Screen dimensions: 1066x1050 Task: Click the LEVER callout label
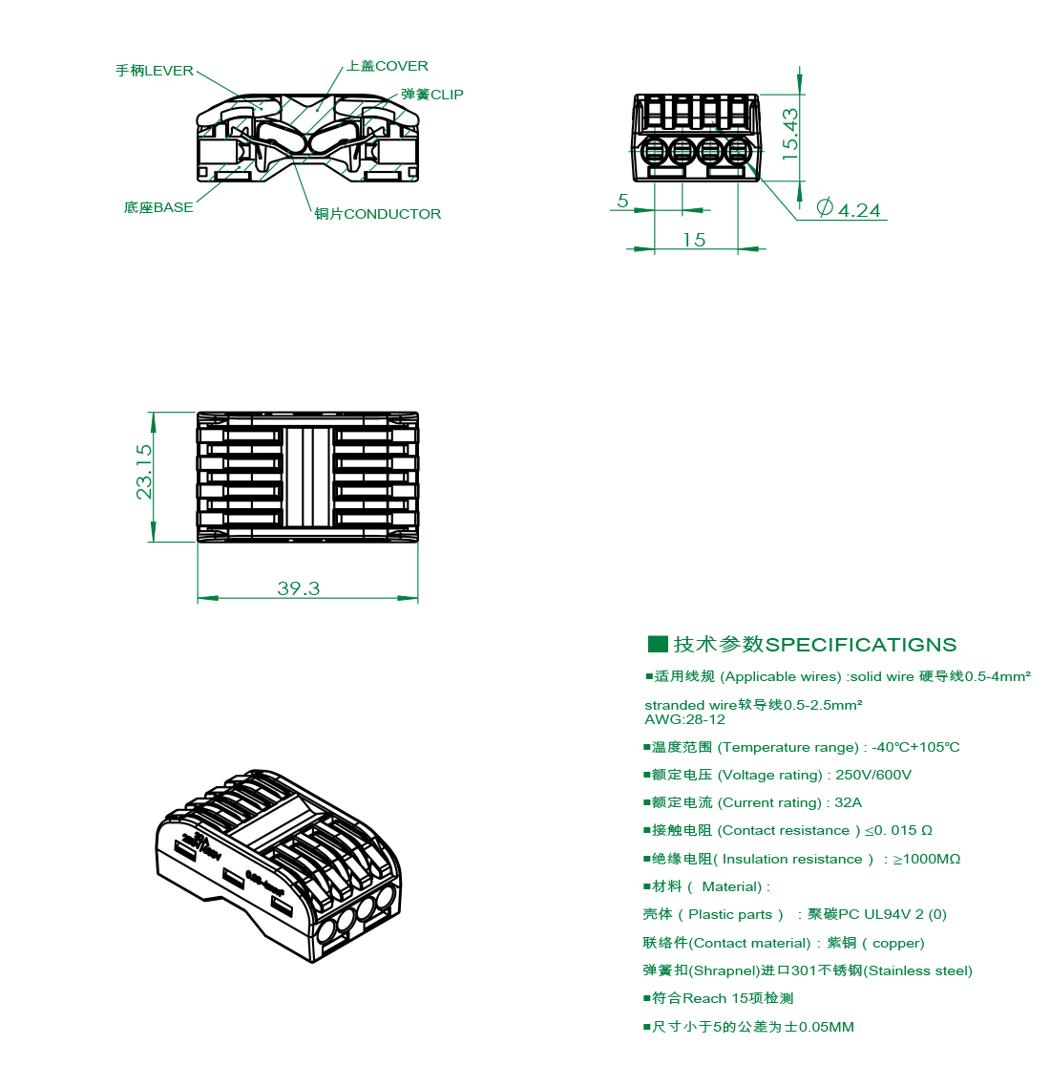pyautogui.click(x=155, y=71)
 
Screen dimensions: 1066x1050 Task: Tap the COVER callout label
pyautogui.click(x=388, y=66)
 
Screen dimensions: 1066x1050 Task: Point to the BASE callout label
pyautogui.click(x=158, y=207)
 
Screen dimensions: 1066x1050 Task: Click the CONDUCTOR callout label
pyautogui.click(x=378, y=214)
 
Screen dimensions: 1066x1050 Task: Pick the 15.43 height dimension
pyautogui.click(x=790, y=133)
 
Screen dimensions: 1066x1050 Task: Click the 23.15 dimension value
pyautogui.click(x=144, y=471)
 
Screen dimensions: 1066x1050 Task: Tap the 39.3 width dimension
pyautogui.click(x=299, y=588)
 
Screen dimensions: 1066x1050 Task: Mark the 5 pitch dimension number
pyautogui.click(x=623, y=201)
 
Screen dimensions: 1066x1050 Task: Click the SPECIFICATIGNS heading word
pyautogui.click(x=861, y=645)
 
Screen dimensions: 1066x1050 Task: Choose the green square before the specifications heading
pyautogui.click(x=658, y=644)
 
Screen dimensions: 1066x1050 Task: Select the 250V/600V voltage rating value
pyautogui.click(x=873, y=775)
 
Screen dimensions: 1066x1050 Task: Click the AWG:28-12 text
pyautogui.click(x=684, y=719)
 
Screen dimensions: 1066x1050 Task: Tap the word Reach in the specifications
pyautogui.click(x=704, y=998)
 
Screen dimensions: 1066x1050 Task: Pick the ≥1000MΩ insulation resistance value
pyautogui.click(x=926, y=859)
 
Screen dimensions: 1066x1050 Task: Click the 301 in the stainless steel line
pyautogui.click(x=805, y=970)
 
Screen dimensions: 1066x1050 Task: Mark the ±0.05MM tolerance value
pyautogui.click(x=819, y=1027)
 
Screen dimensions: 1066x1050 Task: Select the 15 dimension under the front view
pyautogui.click(x=694, y=240)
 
